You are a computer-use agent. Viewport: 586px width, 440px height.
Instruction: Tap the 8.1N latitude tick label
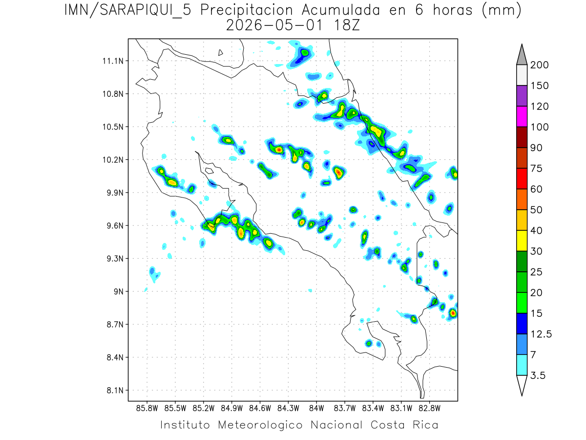pyautogui.click(x=113, y=391)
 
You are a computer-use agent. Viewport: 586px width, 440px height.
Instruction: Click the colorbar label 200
pyautogui.click(x=539, y=65)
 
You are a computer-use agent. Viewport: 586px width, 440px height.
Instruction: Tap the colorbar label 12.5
pyautogui.click(x=541, y=334)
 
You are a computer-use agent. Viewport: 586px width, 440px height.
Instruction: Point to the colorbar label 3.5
pyautogui.click(x=538, y=375)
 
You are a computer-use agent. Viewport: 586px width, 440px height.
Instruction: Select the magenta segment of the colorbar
pyautogui.click(x=522, y=116)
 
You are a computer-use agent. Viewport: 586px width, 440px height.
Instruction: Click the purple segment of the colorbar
pyautogui.click(x=522, y=96)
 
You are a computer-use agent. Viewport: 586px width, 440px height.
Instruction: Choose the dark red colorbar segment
pyautogui.click(x=522, y=137)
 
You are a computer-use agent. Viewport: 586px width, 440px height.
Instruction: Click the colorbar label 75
pyautogui.click(x=535, y=168)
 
